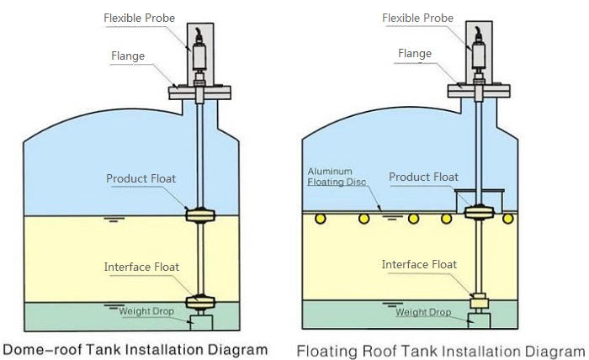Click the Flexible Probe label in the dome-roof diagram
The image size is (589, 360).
click(x=141, y=18)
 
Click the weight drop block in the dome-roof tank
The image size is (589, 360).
click(x=202, y=320)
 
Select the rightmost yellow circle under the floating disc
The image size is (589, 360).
click(x=508, y=219)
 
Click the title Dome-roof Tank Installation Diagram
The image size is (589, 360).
click(x=135, y=348)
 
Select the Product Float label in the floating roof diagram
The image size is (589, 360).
click(x=423, y=177)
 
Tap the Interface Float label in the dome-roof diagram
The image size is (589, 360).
click(x=141, y=267)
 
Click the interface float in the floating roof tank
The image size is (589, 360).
click(x=478, y=299)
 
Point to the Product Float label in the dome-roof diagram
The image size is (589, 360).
click(x=140, y=178)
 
